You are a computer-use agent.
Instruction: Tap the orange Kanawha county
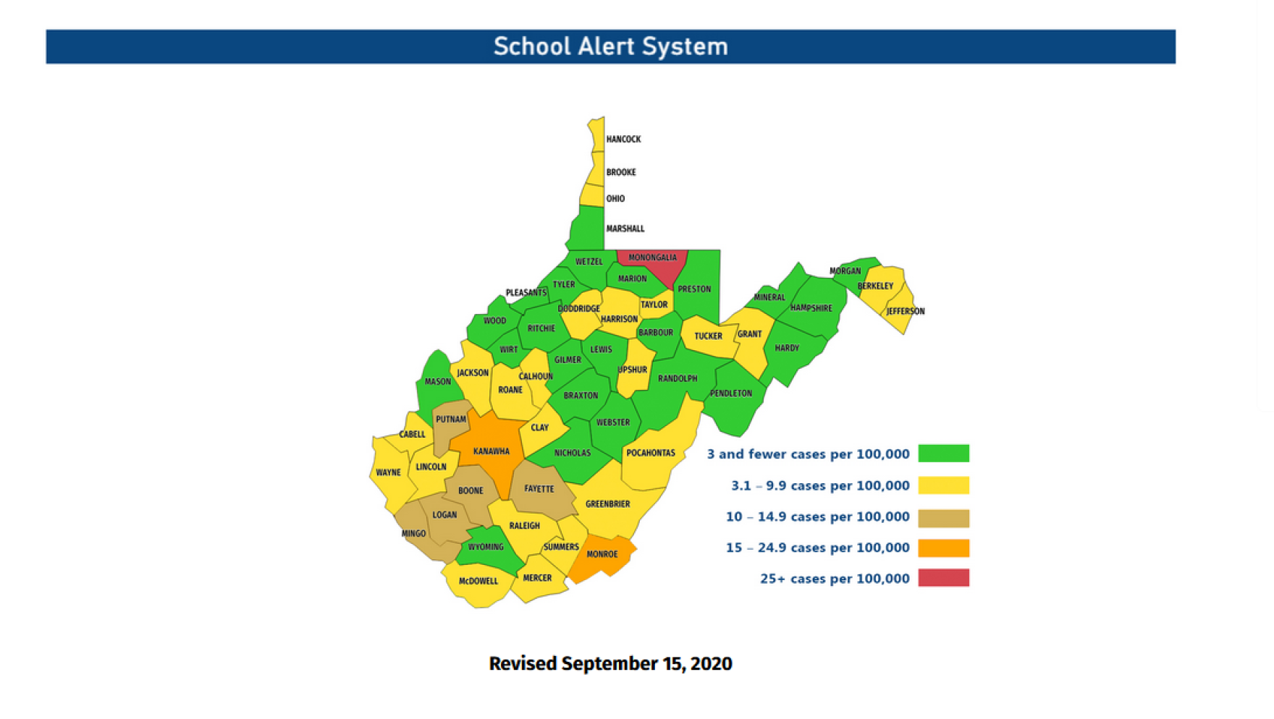click(491, 451)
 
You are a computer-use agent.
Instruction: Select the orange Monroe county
click(602, 555)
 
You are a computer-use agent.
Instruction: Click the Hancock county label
click(623, 139)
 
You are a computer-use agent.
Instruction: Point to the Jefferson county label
click(906, 312)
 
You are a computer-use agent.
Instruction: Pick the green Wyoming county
click(486, 548)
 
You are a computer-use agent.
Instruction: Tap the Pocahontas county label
click(650, 454)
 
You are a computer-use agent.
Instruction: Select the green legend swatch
click(943, 454)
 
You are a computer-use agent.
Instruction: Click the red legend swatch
click(943, 578)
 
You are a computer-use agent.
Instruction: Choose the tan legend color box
click(943, 517)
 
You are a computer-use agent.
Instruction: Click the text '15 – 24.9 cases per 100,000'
click(817, 548)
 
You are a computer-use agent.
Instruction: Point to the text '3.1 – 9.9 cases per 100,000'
click(819, 485)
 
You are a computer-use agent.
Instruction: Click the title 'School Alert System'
click(610, 47)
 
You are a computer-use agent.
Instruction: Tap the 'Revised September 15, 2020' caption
click(610, 663)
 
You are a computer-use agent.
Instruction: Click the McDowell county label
click(478, 581)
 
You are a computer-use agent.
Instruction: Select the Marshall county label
click(625, 229)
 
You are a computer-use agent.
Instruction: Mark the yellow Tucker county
click(708, 337)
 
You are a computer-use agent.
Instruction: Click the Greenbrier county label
click(607, 504)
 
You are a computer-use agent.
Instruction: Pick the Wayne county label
click(388, 472)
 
